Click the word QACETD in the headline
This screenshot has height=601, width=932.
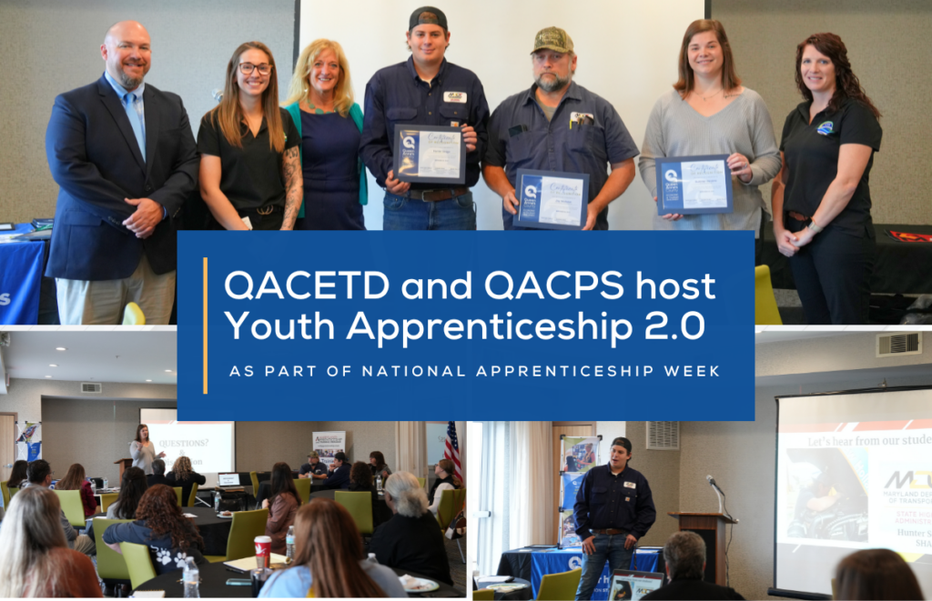(x=287, y=287)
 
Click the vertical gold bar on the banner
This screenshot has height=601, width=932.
(x=206, y=326)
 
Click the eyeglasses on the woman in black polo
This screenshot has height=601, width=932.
(x=255, y=68)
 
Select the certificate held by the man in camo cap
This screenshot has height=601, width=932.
(x=551, y=197)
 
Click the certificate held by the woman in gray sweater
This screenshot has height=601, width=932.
(x=694, y=185)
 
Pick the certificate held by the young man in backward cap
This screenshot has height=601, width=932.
(x=430, y=154)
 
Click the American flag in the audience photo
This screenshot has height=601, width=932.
(x=452, y=450)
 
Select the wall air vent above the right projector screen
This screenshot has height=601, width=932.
(x=898, y=344)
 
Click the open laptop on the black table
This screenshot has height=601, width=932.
(x=228, y=479)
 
